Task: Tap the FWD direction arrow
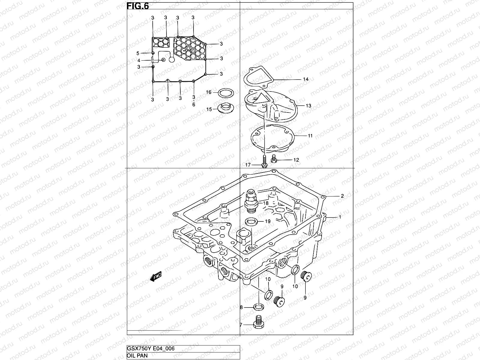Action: pyautogui.click(x=156, y=277)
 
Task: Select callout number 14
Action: pyautogui.click(x=305, y=79)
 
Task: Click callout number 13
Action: pyautogui.click(x=309, y=106)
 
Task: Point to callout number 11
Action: pyautogui.click(x=310, y=136)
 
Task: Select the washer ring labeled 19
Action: pyautogui.click(x=251, y=222)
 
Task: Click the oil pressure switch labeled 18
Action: pyautogui.click(x=250, y=199)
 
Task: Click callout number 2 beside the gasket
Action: pyautogui.click(x=342, y=196)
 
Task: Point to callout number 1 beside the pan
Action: pyautogui.click(x=340, y=217)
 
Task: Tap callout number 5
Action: pyautogui.click(x=138, y=53)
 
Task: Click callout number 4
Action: pyautogui.click(x=139, y=61)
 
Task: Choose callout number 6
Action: pyautogui.click(x=194, y=104)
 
